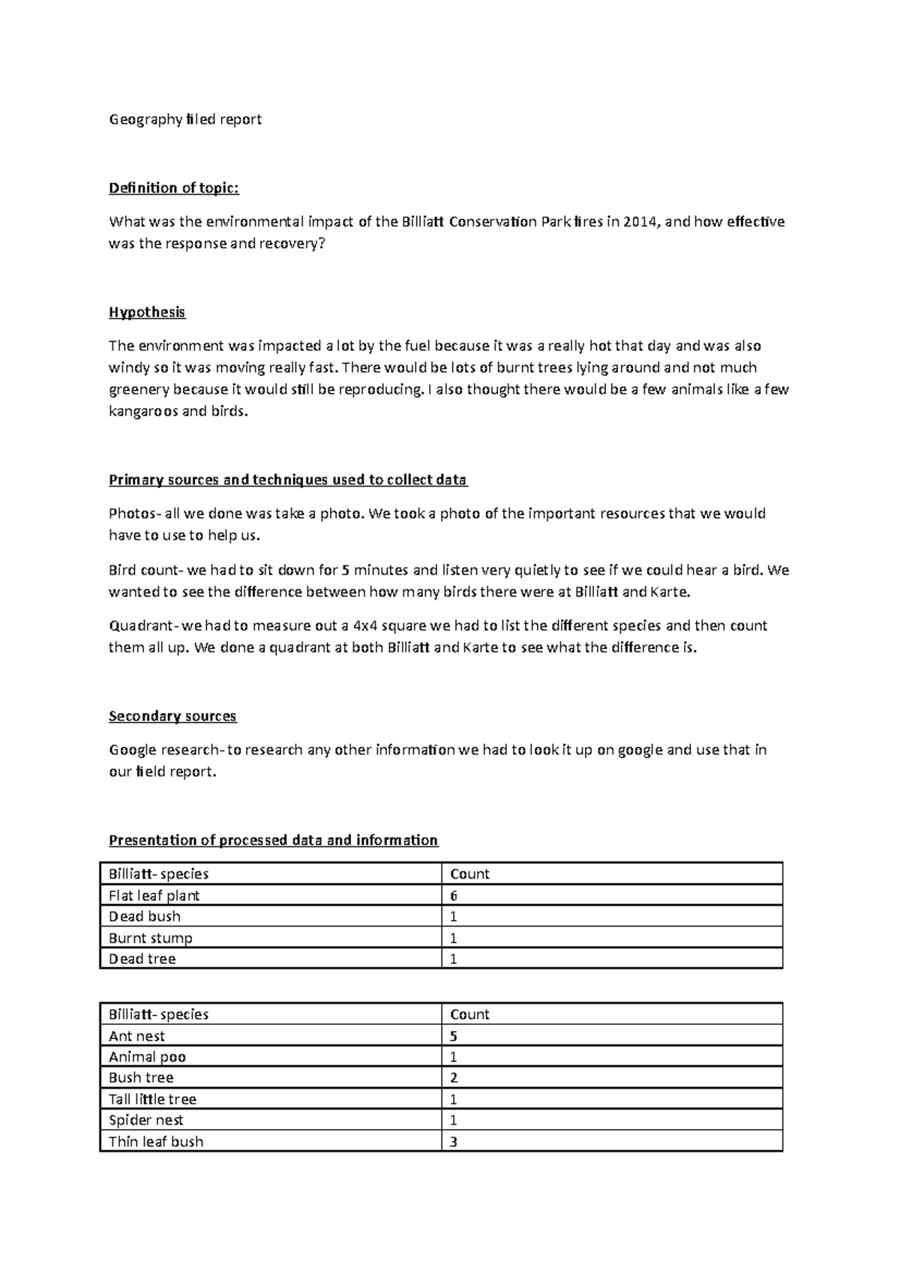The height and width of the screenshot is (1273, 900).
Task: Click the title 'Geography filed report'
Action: [x=185, y=119]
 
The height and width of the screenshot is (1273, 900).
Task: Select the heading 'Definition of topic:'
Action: [x=174, y=187]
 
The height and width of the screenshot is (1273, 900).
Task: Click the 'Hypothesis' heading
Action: [x=147, y=312]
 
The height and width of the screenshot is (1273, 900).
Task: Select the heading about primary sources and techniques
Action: [x=288, y=480]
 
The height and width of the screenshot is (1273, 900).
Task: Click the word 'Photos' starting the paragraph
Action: [x=130, y=514]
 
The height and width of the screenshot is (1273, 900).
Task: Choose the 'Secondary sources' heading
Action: [x=172, y=716]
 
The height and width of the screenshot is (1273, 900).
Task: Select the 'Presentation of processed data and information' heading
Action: [x=273, y=840]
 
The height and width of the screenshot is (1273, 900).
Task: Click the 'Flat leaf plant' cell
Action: [x=154, y=895]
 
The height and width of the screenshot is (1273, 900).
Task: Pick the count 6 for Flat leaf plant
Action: [x=454, y=895]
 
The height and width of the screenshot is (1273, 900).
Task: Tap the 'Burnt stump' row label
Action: [x=151, y=938]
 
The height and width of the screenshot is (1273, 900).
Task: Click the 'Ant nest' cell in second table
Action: [x=136, y=1036]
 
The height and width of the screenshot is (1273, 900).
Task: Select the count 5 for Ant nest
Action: [x=454, y=1036]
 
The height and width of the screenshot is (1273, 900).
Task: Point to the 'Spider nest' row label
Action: [x=146, y=1120]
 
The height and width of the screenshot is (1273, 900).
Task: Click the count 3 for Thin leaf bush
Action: [x=454, y=1142]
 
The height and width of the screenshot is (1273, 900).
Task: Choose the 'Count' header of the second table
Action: [x=469, y=1014]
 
